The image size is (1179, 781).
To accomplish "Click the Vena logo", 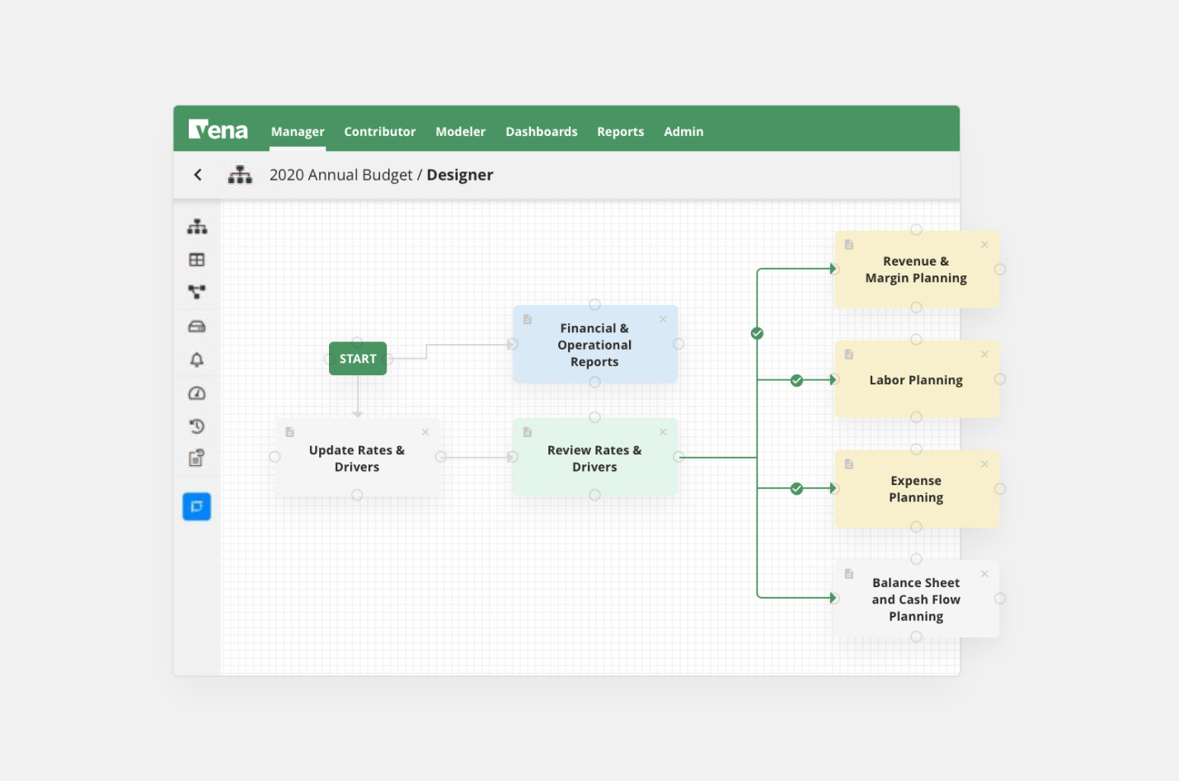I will (218, 130).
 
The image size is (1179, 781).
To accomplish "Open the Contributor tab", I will (379, 132).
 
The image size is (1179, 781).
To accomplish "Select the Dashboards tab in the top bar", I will (541, 132).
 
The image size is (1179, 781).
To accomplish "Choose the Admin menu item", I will (683, 132).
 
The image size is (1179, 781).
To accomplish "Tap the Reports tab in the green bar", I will (620, 132).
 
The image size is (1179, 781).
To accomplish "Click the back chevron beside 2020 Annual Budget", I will (198, 175).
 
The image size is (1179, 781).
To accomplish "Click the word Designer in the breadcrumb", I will (459, 175).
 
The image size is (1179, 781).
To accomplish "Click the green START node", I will (358, 359).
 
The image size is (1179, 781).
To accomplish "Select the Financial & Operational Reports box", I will (594, 345).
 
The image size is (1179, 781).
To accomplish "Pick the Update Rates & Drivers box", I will (357, 459).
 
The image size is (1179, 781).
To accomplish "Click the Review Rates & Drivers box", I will (594, 459).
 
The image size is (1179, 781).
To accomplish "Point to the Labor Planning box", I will (916, 380).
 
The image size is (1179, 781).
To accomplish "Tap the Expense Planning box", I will (916, 489).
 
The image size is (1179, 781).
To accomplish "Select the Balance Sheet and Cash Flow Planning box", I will (916, 600).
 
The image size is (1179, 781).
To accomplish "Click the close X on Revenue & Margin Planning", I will (984, 245).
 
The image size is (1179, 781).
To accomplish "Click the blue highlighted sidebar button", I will (197, 506).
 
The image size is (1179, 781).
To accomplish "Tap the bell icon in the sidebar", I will (197, 360).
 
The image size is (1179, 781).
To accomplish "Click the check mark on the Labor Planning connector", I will (796, 380).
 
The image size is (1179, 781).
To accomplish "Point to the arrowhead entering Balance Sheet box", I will (834, 598).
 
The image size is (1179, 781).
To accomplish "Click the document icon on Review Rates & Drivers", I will (528, 432).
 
